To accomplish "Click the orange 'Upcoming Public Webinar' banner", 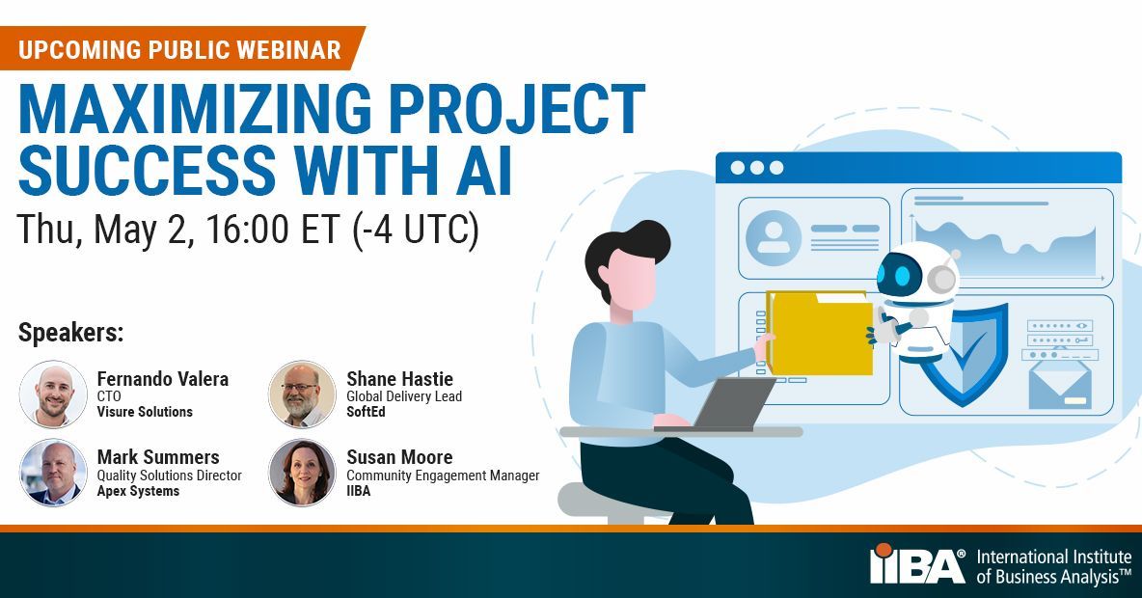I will click(179, 49).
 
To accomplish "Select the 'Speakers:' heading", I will click(70, 334).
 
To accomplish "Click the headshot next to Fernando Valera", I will click(53, 394).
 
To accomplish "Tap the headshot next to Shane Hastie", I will click(302, 394).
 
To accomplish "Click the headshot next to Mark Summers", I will click(53, 473).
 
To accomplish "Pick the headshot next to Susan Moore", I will click(302, 473).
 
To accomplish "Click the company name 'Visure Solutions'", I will click(145, 412).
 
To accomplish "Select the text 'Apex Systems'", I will click(138, 491).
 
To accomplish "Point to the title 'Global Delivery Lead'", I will click(404, 396).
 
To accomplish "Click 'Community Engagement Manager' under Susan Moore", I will click(443, 476).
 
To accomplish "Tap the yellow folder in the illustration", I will click(821, 334).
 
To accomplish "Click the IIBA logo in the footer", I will click(917, 563).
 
